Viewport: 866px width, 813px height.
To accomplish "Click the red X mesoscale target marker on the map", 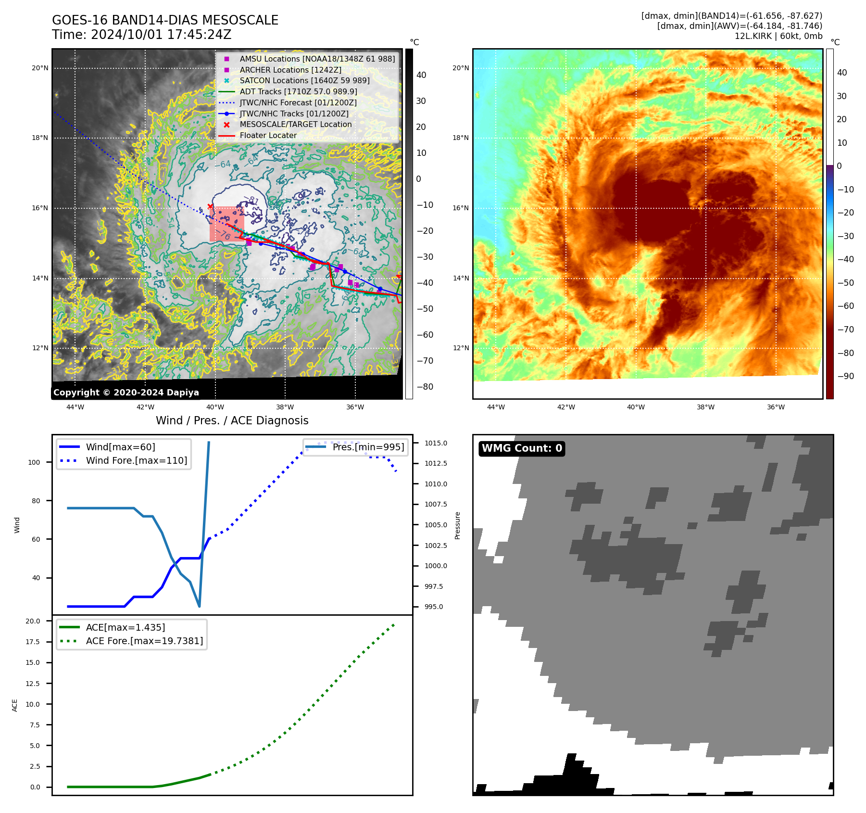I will coord(210,206).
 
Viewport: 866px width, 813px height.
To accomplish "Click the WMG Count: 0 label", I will coord(522,448).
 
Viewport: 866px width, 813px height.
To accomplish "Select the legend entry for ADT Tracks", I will coord(298,91).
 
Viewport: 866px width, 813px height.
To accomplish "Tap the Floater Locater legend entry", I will coord(268,135).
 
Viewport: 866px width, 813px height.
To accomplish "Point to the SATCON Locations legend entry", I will coord(304,80).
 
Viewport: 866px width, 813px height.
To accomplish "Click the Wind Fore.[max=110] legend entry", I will coord(136,460).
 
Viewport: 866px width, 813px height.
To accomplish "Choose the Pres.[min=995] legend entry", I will coord(368,447).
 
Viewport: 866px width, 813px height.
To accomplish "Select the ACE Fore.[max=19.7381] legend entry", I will coord(144,641).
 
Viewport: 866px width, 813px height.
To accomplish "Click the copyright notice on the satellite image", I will coord(126,393).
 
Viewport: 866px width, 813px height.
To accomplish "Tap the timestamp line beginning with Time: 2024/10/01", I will coord(142,35).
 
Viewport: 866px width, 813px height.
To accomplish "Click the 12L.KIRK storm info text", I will coord(778,36).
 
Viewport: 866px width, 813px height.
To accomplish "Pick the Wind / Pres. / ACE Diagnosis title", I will coord(232,420).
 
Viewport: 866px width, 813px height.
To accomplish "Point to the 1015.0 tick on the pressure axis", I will coord(436,443).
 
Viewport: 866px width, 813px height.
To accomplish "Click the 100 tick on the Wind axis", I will coord(34,462).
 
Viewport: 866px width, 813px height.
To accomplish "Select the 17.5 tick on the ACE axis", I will coord(33,642).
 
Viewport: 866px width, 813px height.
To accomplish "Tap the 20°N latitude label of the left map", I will coord(40,68).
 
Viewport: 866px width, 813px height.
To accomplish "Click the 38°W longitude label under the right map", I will coord(705,407).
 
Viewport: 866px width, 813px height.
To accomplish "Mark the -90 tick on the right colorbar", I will coord(845,376).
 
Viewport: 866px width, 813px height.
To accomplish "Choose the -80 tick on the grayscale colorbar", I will coord(425,387).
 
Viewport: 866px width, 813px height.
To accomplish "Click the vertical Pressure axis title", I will coord(458,525).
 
